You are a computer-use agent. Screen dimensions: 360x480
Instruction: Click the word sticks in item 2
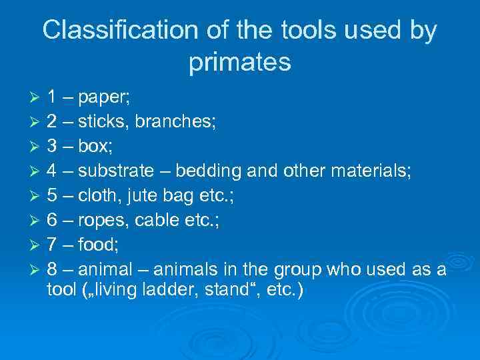(x=97, y=122)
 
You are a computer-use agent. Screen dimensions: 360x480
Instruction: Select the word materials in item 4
(x=370, y=171)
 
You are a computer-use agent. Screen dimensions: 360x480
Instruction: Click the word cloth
(x=98, y=195)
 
